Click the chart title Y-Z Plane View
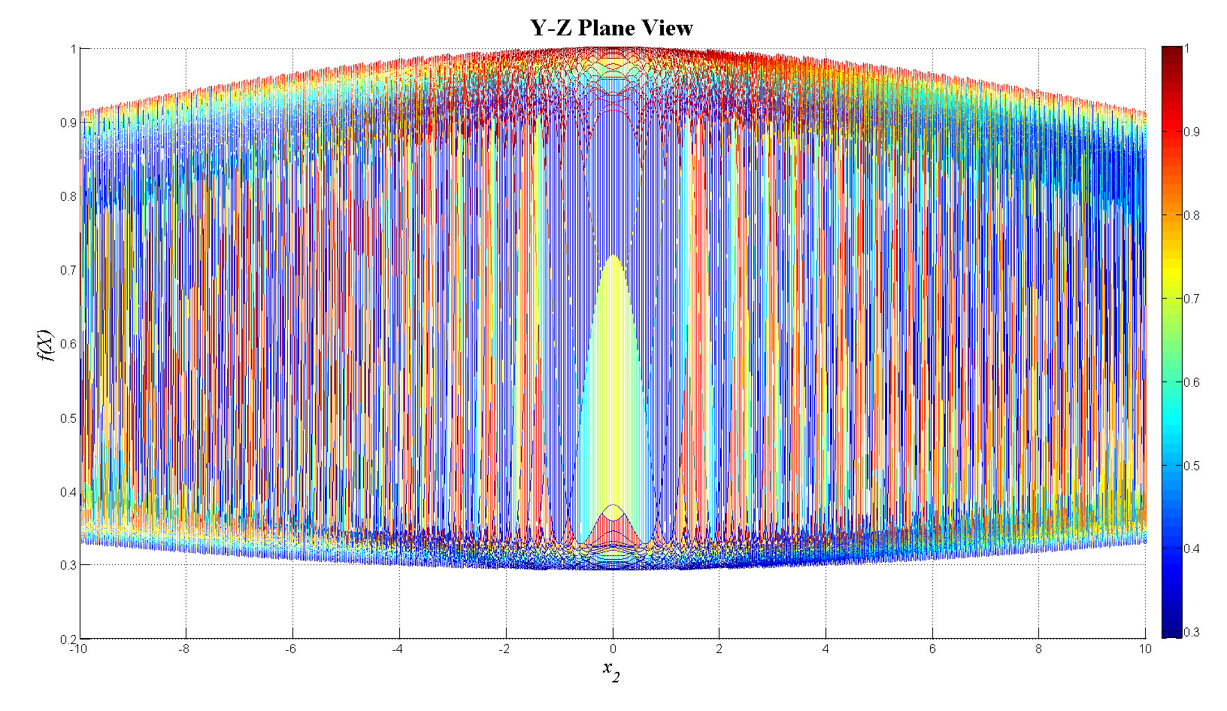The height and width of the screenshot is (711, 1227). [x=611, y=28]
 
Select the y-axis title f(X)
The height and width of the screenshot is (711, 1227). [x=47, y=345]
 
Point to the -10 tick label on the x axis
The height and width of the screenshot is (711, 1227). [x=77, y=649]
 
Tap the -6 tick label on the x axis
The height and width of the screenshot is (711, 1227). [x=291, y=649]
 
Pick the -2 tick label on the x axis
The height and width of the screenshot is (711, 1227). [x=504, y=649]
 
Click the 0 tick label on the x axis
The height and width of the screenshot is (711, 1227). [x=613, y=649]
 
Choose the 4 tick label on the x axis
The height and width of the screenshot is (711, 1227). [x=826, y=649]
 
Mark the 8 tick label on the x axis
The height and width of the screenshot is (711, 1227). [x=1038, y=649]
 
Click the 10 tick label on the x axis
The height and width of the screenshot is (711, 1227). [x=1144, y=649]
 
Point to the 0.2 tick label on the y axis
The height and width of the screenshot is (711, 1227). [x=68, y=639]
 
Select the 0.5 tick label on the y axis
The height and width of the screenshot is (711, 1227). [x=68, y=418]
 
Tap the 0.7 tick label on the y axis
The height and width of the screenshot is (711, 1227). [x=68, y=270]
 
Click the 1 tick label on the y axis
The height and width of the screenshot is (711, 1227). [x=73, y=49]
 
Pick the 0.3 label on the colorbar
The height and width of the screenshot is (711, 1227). [x=1192, y=632]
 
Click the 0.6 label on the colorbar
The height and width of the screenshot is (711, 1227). [x=1192, y=382]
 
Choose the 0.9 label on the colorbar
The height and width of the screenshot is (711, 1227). [x=1192, y=132]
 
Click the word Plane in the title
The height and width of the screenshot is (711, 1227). [x=608, y=28]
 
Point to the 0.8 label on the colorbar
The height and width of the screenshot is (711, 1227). [x=1192, y=215]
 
